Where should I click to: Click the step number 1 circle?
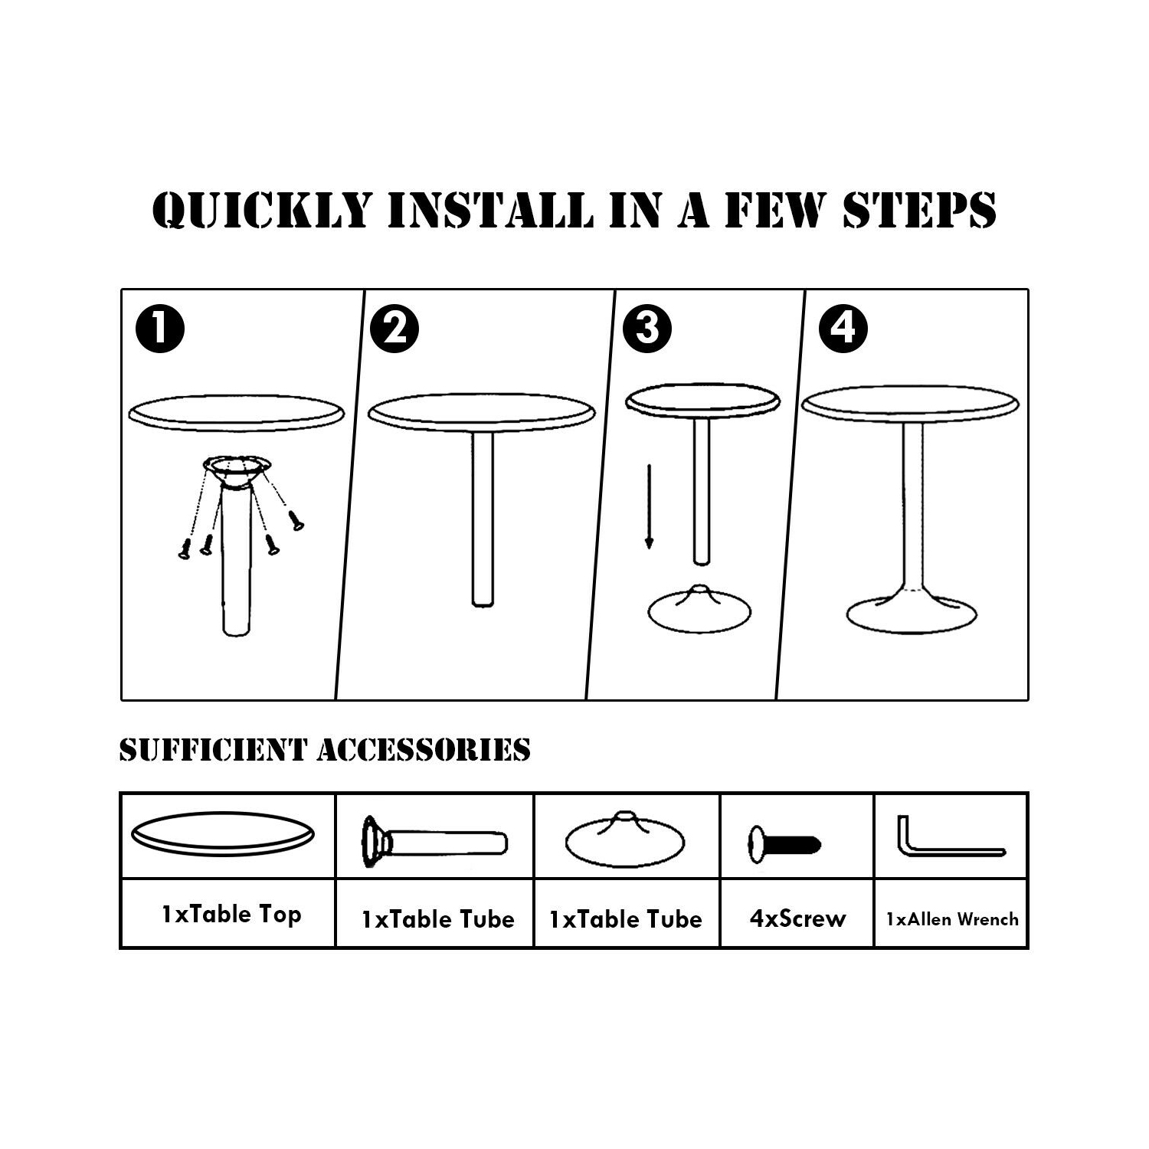160,329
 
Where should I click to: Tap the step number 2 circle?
394,329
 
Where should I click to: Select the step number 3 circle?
647,329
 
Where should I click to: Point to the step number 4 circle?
843,329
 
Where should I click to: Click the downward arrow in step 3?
649,506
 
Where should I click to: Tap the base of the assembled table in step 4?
912,613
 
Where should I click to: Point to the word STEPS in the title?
919,209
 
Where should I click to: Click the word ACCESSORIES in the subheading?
424,750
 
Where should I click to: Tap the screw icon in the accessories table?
784,845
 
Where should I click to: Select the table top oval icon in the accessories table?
223,834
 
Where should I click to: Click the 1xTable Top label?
231,915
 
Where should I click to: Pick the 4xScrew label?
797,918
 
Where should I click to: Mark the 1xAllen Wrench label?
952,919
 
